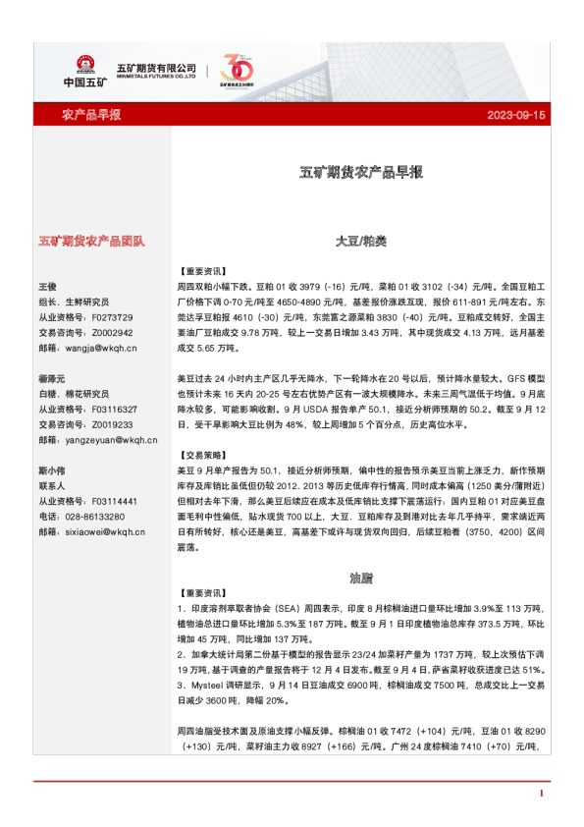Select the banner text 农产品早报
[x=91, y=116]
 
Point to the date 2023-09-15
[x=515, y=116]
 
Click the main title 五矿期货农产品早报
[x=361, y=173]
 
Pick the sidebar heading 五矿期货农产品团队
[x=91, y=241]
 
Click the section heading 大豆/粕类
[x=361, y=241]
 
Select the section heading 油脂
[x=361, y=577]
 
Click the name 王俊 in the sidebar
[x=47, y=286]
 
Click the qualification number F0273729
[x=111, y=317]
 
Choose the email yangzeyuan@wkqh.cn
[x=102, y=440]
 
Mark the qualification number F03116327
[x=113, y=409]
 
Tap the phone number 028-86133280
[x=94, y=517]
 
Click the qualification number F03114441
[x=113, y=501]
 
